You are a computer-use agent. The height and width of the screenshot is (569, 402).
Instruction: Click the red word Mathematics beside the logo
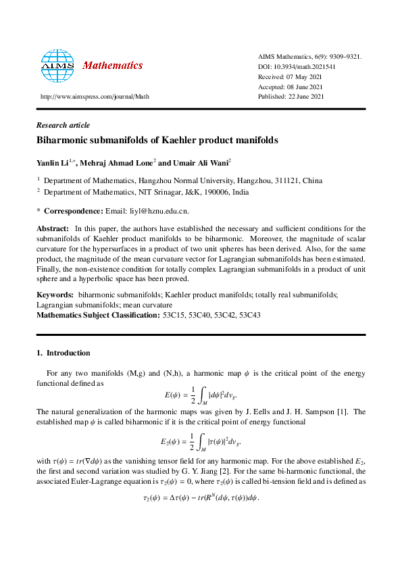pos(112,66)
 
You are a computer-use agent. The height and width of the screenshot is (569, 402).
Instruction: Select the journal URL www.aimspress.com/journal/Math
pos(95,97)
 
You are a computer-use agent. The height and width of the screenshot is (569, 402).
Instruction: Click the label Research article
pos(63,125)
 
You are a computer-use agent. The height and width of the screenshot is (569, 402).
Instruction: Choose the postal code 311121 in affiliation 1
pos(274,181)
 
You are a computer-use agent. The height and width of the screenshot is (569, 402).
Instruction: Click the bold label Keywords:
pos(55,295)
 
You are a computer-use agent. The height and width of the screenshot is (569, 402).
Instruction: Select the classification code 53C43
pos(248,315)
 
